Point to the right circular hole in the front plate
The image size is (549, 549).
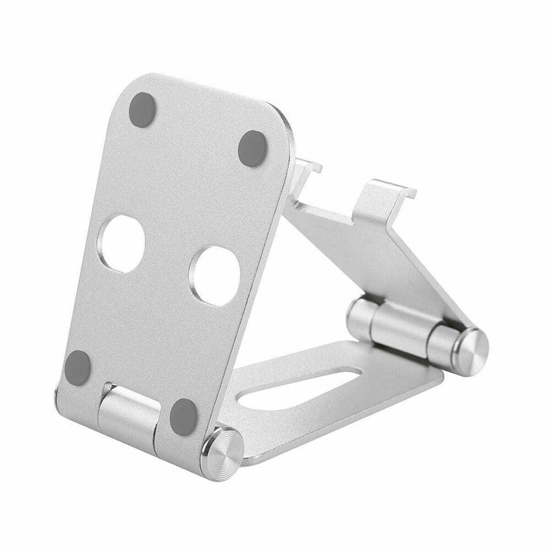point(215,274)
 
